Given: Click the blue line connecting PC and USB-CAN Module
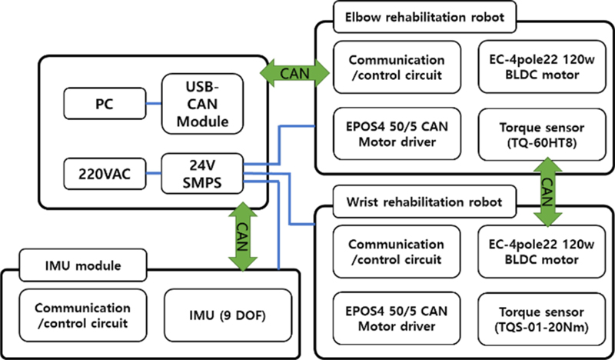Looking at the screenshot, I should tap(153, 103).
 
